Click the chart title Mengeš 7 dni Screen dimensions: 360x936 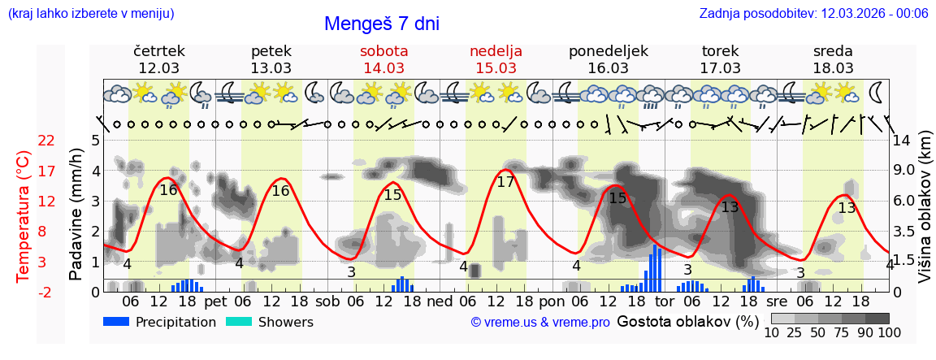click(x=381, y=24)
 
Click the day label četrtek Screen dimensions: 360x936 click(x=159, y=50)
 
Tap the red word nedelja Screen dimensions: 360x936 click(x=496, y=50)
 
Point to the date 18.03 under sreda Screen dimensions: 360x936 click(x=833, y=67)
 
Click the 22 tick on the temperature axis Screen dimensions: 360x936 click(x=46, y=141)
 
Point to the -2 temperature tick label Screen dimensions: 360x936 click(x=45, y=292)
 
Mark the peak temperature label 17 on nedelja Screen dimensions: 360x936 click(x=505, y=182)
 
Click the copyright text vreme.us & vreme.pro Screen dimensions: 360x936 click(x=539, y=322)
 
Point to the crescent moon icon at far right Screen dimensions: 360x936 click(x=877, y=90)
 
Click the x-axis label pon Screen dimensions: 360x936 click(x=551, y=301)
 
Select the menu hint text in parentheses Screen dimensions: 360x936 click(x=91, y=13)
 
